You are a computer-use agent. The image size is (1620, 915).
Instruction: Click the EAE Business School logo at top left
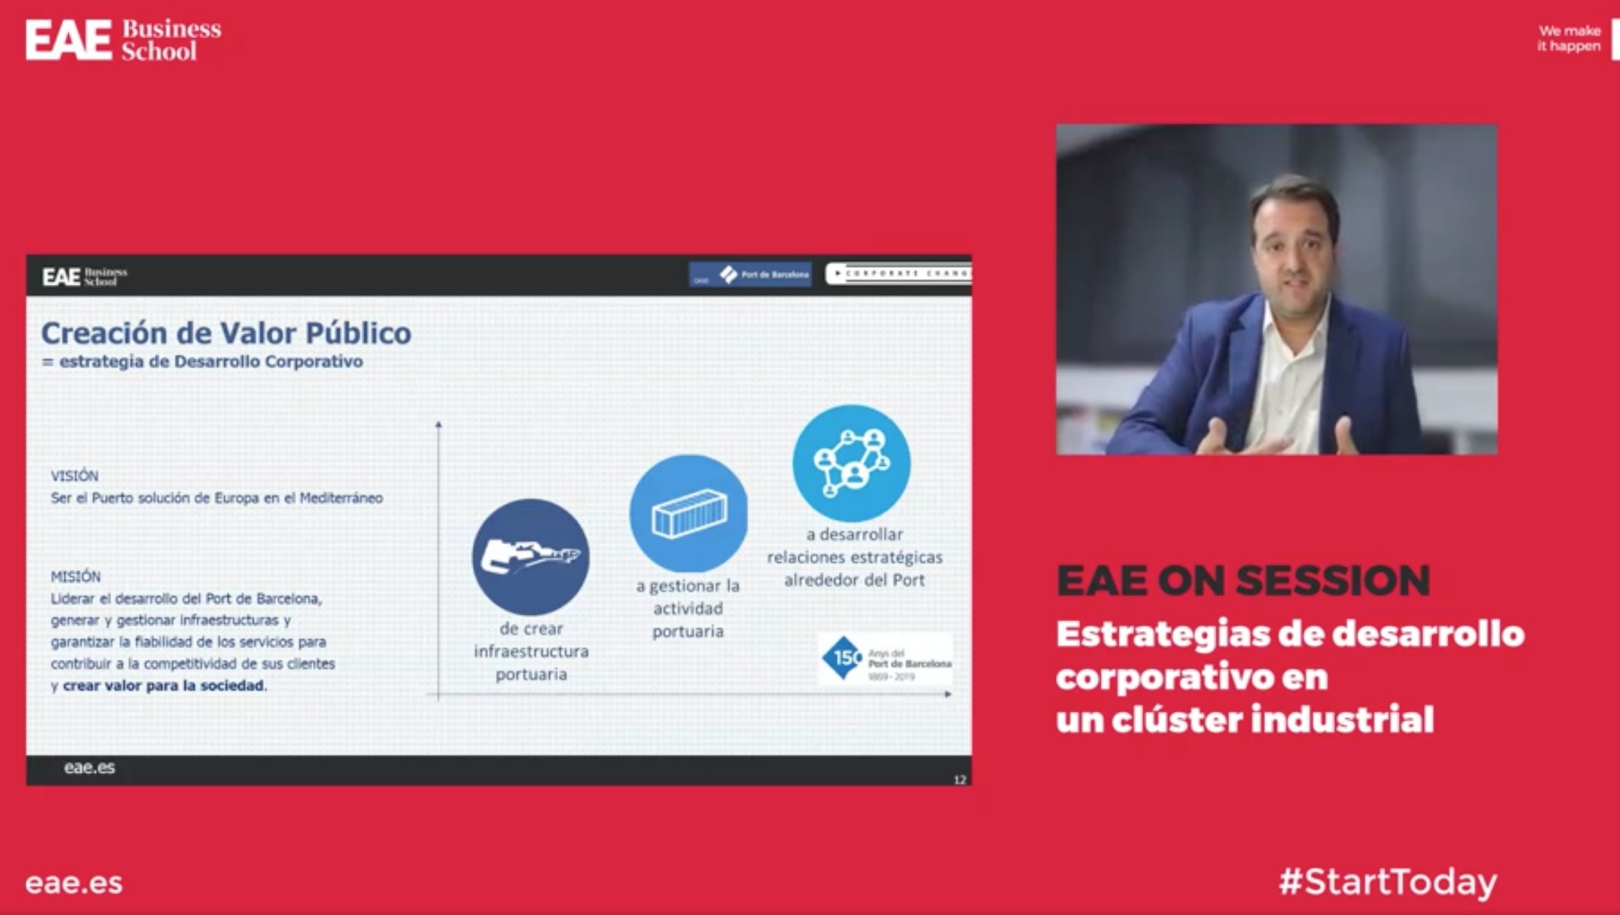coord(123,39)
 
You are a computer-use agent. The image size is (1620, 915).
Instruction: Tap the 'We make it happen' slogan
coord(1569,38)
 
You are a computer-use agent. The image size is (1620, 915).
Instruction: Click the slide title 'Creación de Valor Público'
coord(226,333)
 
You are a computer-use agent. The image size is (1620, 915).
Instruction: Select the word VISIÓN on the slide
coord(74,476)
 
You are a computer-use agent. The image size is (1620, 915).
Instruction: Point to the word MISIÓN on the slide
coord(75,577)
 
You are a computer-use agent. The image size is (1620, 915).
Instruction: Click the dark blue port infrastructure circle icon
coord(531,557)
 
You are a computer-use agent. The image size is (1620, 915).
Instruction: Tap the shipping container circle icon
coord(689,513)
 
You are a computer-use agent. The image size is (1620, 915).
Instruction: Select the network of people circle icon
coord(851,463)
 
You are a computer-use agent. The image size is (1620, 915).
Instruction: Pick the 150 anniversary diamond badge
coord(842,658)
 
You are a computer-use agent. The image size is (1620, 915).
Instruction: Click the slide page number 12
coord(960,780)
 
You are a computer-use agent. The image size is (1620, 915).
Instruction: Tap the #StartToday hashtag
coord(1387,882)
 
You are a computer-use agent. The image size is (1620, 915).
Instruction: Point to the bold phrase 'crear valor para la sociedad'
coord(163,685)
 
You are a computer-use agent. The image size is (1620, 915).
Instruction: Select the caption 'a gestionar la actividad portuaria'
coord(688,608)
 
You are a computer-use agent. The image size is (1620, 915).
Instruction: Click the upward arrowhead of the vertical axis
coord(439,425)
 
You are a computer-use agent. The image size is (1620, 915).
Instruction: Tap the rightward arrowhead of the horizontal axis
coord(948,694)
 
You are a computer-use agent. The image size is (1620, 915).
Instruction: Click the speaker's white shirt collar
coord(1283,327)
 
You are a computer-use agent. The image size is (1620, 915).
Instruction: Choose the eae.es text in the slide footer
coord(89,767)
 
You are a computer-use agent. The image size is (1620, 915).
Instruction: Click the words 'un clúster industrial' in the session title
coord(1244,719)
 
